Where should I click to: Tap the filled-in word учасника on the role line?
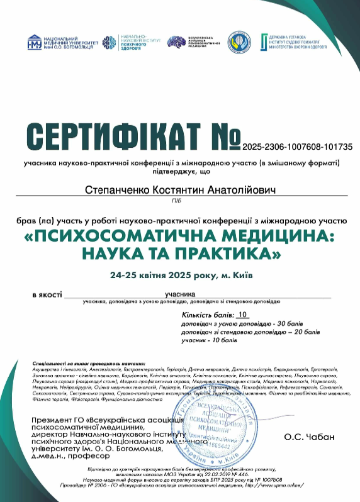click(180, 294)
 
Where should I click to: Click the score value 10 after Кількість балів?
click(244, 314)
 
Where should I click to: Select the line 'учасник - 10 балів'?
click(209, 340)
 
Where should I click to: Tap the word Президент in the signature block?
click(51, 420)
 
